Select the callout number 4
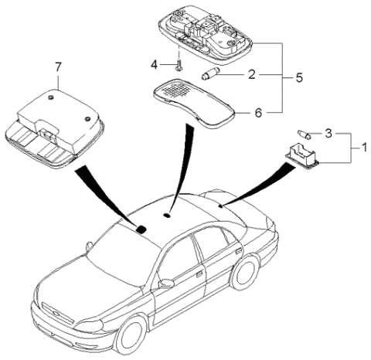pos(154,63)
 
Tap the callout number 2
pos(250,75)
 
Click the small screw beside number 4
pos(178,64)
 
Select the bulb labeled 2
pos(210,75)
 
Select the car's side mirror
pos(165,284)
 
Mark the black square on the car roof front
pos(141,228)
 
